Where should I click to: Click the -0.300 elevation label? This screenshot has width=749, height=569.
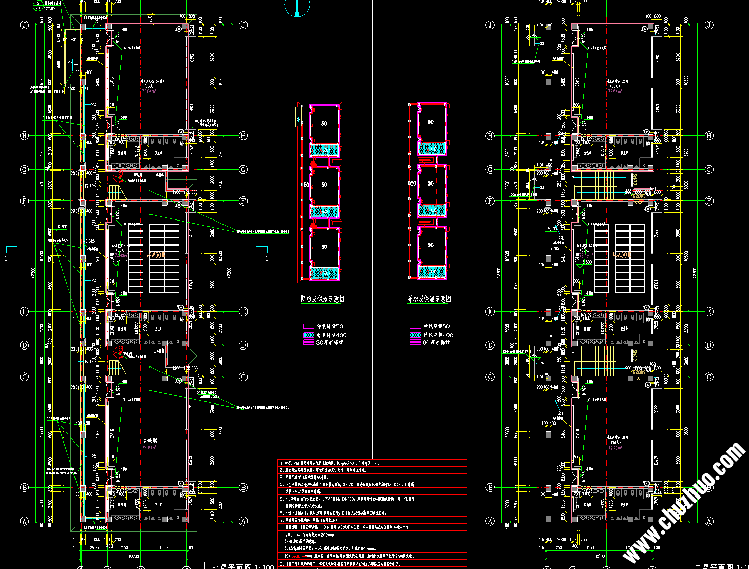61,227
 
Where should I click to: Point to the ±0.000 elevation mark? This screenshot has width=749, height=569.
122,261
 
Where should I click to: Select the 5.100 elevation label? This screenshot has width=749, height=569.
553,229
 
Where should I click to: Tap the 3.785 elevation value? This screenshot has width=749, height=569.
554,249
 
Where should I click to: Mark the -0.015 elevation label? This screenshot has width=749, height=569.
88,242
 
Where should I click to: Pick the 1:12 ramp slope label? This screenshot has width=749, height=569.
70,65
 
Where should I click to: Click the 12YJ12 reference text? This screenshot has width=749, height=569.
50,9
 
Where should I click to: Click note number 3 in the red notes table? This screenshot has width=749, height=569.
282,477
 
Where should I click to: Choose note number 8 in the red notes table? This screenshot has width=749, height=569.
282,563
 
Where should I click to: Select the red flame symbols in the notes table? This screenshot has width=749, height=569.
296,556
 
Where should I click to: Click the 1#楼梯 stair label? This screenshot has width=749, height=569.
159,175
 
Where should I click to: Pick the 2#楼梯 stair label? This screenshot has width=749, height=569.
159,350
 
